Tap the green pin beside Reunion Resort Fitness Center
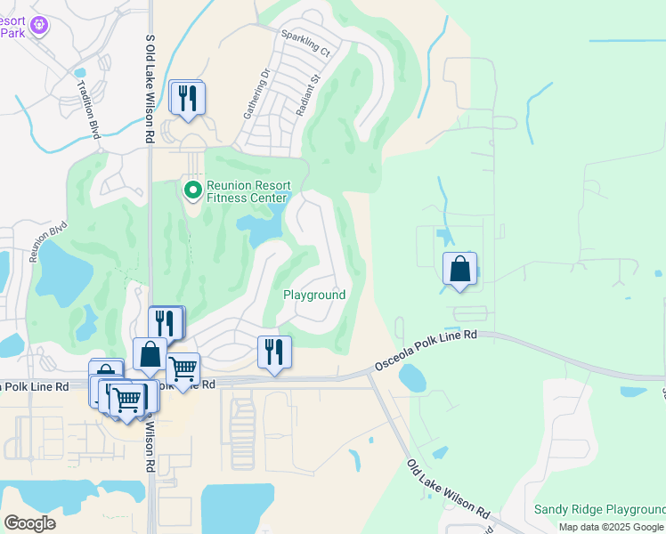192,190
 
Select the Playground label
313,295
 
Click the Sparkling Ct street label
305,44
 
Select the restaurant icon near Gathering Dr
187,98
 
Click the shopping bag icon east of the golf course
459,270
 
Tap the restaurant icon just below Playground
274,352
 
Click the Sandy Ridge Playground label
599,510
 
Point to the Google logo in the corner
29,523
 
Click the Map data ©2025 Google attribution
612,527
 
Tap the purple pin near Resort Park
37,26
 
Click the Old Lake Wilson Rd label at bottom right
449,489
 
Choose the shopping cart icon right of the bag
183,368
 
